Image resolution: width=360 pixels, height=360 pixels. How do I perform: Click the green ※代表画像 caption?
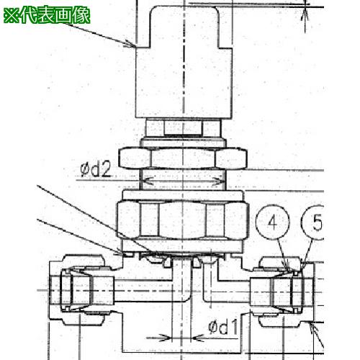[47, 15]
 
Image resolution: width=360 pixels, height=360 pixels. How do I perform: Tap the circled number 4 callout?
[273, 222]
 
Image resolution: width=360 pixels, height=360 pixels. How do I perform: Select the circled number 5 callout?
[314, 222]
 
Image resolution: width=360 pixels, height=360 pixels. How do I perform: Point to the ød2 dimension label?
[96, 169]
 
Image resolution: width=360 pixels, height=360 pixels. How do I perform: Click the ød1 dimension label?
[223, 326]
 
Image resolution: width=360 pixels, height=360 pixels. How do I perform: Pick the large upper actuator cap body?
[184, 62]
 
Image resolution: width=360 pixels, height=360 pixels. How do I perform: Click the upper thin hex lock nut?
[183, 158]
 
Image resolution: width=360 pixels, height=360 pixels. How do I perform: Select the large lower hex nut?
[183, 220]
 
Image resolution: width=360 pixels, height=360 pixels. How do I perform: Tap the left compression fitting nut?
[81, 290]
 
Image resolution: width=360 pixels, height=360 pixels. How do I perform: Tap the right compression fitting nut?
[283, 292]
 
